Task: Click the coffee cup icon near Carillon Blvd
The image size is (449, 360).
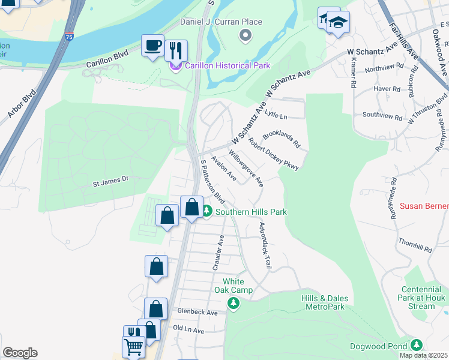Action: point(152,45)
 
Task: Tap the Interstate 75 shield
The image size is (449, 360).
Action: point(70,37)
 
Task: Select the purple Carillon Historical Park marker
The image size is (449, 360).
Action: point(175,65)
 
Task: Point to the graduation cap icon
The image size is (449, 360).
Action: point(339,23)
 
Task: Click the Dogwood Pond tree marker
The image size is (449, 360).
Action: point(416,345)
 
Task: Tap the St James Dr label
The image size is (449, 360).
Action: point(110,179)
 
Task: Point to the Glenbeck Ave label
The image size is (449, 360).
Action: point(197,313)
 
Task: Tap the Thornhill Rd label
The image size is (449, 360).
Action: point(415,244)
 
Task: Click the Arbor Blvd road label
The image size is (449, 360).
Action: point(22,103)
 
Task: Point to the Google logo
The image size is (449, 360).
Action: point(20,353)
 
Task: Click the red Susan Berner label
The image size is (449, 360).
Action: point(424,206)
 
